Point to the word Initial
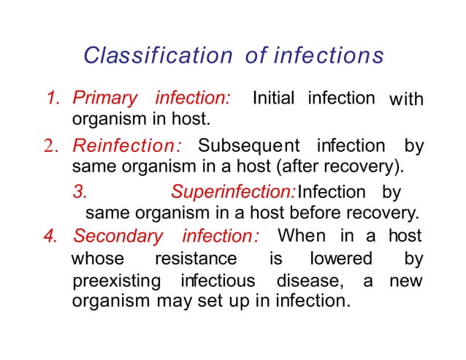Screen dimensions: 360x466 (x=275, y=98)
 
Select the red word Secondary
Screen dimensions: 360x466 (x=118, y=237)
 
